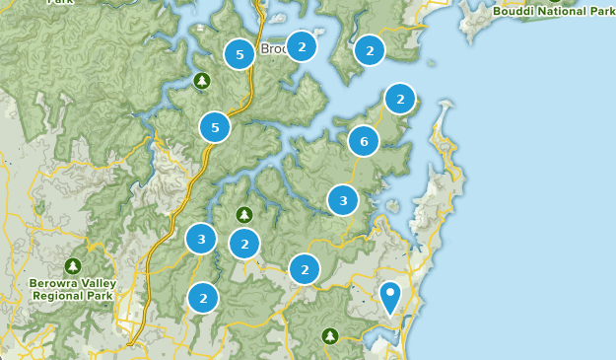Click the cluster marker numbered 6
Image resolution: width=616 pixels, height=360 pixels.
(x=364, y=141)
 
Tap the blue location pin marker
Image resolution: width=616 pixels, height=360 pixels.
(x=390, y=296)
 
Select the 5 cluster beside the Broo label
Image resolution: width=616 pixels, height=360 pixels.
(x=239, y=54)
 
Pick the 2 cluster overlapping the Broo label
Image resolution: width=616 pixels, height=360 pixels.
(x=302, y=46)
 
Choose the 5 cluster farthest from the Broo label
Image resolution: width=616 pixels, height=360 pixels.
(x=215, y=127)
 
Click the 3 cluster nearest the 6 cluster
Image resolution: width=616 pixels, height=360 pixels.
(x=343, y=200)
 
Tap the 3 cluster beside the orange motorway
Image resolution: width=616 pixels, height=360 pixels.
(x=201, y=238)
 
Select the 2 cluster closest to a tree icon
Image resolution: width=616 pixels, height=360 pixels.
(x=244, y=243)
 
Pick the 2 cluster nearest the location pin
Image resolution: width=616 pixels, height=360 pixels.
(x=305, y=268)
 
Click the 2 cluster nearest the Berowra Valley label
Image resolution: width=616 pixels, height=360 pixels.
(x=203, y=298)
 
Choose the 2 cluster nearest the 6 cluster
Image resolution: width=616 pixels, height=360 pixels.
(x=399, y=99)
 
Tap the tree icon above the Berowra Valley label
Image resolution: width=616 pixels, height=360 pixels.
(x=73, y=266)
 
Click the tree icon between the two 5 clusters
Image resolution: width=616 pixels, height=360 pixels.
(x=202, y=80)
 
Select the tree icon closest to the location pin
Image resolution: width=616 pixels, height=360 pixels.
(x=330, y=337)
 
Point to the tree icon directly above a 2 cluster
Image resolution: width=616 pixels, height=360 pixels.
(x=244, y=214)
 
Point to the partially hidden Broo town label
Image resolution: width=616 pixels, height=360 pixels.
(x=273, y=48)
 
